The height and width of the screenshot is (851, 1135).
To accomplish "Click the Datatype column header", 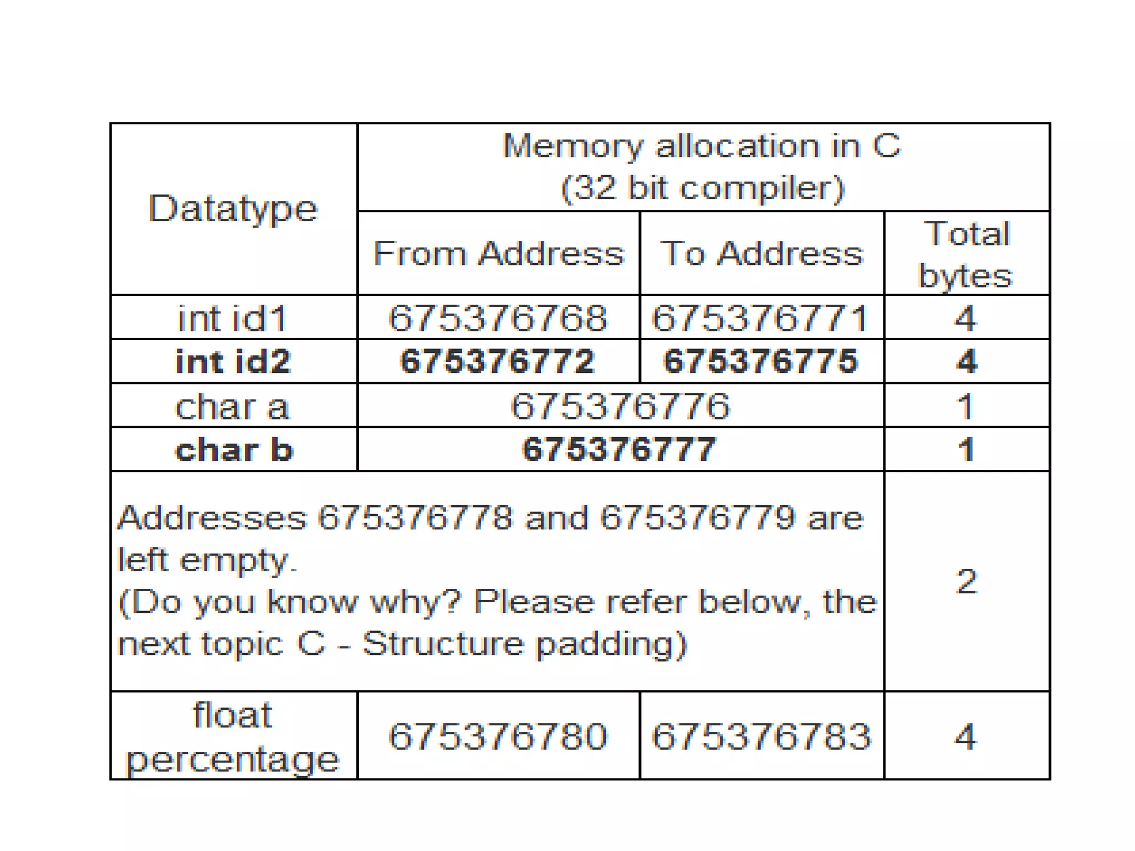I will [233, 209].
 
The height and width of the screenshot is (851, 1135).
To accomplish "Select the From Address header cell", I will [498, 254].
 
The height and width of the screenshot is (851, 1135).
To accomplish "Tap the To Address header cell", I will [761, 254].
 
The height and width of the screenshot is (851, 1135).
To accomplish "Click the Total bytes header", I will [966, 254].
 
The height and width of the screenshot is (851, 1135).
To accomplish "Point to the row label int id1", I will [233, 319].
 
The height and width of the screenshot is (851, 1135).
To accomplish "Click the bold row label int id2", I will [233, 361].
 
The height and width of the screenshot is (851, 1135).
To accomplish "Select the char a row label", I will [233, 406].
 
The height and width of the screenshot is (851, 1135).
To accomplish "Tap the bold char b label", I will [233, 449].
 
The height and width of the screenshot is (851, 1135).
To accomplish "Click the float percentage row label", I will [233, 736].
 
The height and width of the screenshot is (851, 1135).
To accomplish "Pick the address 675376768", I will [498, 319].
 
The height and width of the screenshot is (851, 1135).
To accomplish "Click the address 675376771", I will [760, 319].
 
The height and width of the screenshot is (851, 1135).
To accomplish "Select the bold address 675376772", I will [498, 361].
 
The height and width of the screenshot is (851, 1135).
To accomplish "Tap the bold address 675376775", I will [760, 361].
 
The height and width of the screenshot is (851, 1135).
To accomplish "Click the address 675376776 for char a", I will [620, 406].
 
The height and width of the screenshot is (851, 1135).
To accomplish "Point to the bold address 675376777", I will [619, 449].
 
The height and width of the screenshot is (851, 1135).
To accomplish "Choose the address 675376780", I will [498, 737].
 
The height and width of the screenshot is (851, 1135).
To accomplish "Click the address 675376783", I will [761, 737].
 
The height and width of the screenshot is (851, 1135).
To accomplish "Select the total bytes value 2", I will [967, 582].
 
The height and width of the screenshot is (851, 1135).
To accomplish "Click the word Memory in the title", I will [573, 146].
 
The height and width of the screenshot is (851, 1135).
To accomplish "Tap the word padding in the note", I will [612, 644].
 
